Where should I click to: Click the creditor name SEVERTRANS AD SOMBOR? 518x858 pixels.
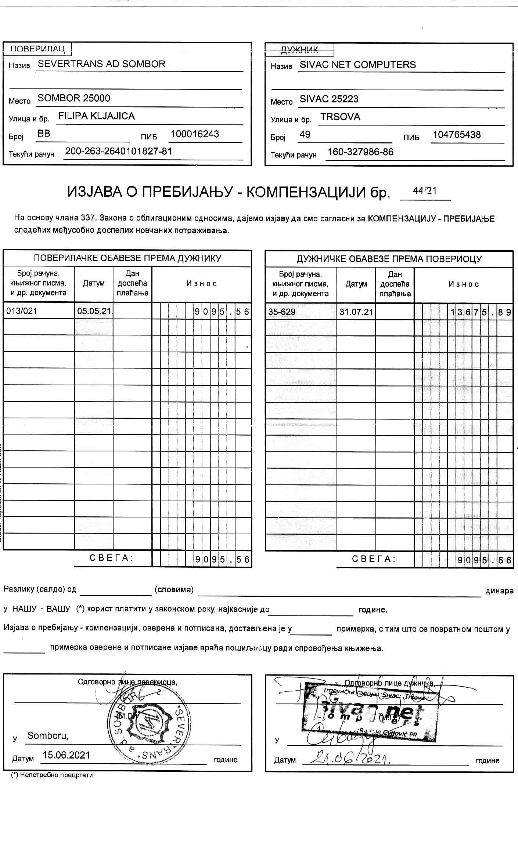pyautogui.click(x=101, y=64)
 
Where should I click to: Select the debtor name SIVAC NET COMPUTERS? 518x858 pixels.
pyautogui.click(x=357, y=65)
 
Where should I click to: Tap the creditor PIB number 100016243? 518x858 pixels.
pyautogui.click(x=195, y=134)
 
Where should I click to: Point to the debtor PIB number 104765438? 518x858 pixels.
pyautogui.click(x=456, y=135)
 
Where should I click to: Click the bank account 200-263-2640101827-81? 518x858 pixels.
pyautogui.click(x=118, y=151)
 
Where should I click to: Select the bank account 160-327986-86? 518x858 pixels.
pyautogui.click(x=360, y=152)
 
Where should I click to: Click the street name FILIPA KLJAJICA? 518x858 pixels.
pyautogui.click(x=96, y=116)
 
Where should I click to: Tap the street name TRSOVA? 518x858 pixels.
pyautogui.click(x=340, y=117)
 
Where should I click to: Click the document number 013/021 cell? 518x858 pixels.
pyautogui.click(x=22, y=311)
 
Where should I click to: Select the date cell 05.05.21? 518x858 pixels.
pyautogui.click(x=94, y=311)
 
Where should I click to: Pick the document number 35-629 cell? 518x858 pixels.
pyautogui.click(x=282, y=312)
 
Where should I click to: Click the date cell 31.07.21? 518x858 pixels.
pyautogui.click(x=356, y=312)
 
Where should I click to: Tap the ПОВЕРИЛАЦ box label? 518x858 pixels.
pyautogui.click(x=37, y=49)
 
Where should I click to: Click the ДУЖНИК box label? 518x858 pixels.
pyautogui.click(x=299, y=50)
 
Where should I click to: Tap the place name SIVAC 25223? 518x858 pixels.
pyautogui.click(x=329, y=99)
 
